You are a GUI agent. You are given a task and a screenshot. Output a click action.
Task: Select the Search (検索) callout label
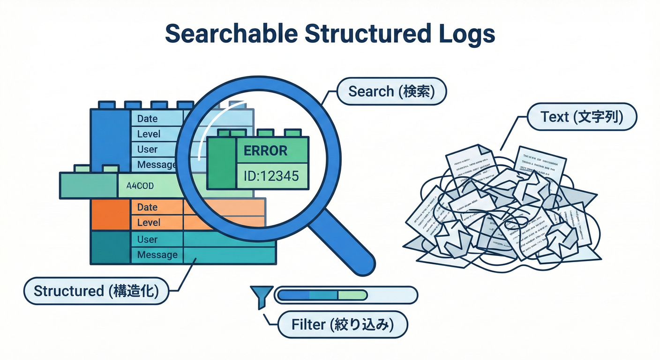391,91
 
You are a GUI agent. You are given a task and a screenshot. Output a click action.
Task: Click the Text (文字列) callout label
582,117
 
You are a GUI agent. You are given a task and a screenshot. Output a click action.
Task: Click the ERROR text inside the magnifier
265,151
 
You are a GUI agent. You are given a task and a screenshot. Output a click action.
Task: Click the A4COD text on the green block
140,185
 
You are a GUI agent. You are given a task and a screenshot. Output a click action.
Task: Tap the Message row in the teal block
157,255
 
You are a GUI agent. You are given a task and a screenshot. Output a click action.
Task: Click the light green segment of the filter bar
352,295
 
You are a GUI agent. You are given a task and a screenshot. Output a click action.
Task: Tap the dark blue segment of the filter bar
294,295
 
